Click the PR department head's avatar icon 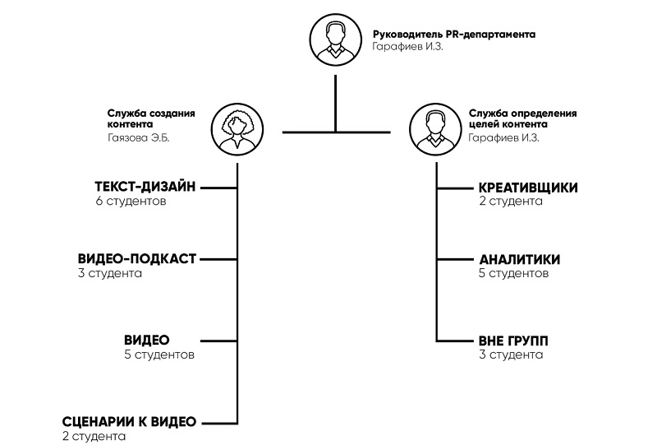(x=335, y=42)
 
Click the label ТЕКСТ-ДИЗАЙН (x=145, y=188)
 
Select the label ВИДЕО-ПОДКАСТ (x=137, y=259)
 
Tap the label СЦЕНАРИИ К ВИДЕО (x=130, y=422)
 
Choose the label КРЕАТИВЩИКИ (x=528, y=188)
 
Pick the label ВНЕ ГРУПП (x=513, y=341)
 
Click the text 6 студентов (x=131, y=202)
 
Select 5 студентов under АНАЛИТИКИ (x=514, y=273)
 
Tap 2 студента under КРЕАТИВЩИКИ (x=511, y=202)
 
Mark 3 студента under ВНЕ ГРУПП (x=511, y=355)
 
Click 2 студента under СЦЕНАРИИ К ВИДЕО (x=94, y=436)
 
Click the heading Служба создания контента (x=151, y=118)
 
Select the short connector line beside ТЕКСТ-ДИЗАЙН (x=218, y=188)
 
